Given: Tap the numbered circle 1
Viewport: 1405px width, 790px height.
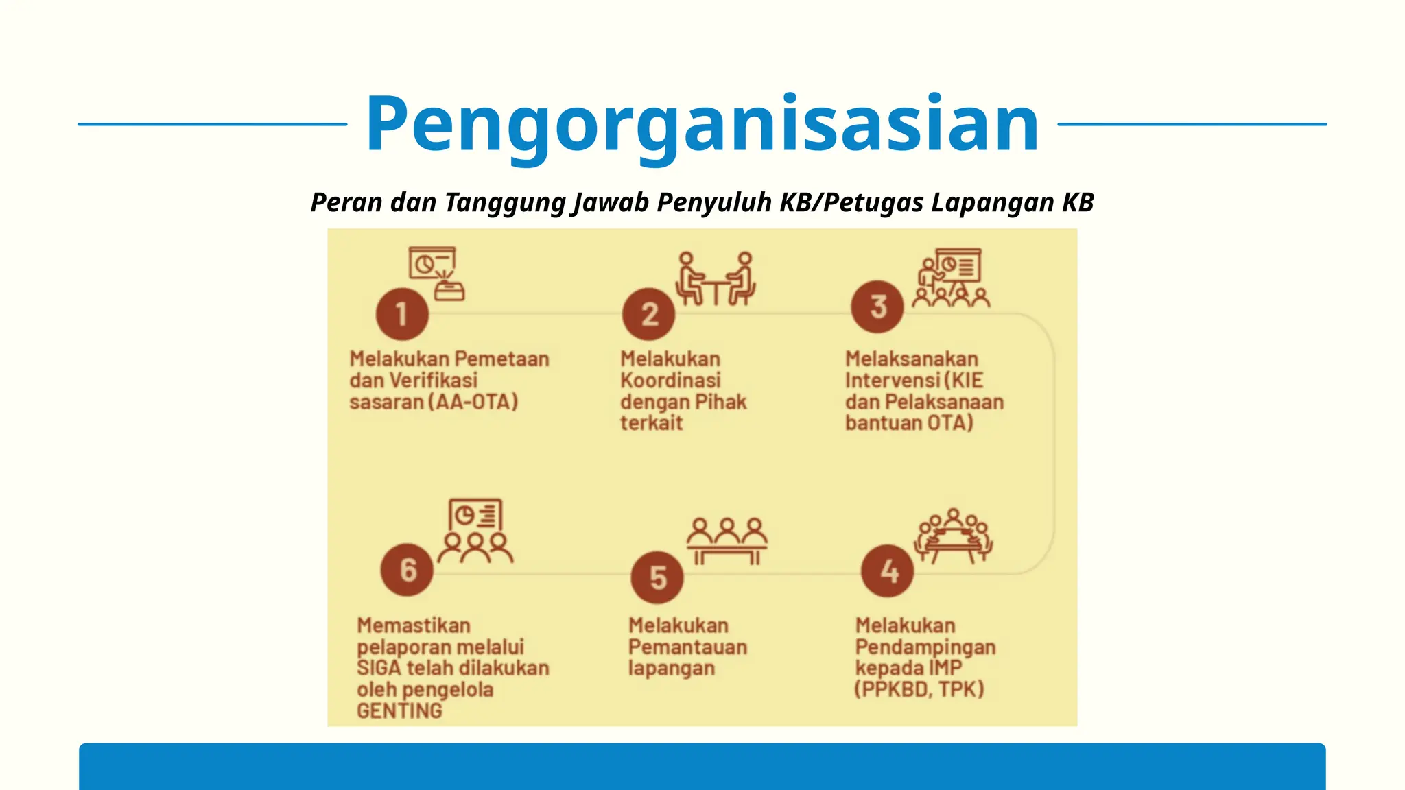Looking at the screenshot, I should point(402,314).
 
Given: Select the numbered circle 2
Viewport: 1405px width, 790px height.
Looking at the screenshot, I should point(648,314).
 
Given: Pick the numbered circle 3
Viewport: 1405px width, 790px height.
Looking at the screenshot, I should point(877,307).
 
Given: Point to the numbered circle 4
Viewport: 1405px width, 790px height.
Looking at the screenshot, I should point(888,571).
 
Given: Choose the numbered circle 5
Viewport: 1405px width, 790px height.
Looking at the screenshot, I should point(657,577).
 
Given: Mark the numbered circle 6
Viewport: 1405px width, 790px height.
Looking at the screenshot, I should point(408,569).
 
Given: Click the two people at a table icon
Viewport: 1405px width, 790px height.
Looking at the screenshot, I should point(716,278).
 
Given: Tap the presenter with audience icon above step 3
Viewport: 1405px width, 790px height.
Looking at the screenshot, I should point(952,277).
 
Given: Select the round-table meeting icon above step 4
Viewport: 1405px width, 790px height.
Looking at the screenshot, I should point(953,536).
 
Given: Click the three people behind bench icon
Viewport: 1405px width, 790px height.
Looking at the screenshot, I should point(727,541).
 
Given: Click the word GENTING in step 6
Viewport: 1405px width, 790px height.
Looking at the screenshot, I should point(399,711).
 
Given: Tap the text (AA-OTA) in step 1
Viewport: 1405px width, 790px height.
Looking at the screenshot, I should point(473,401).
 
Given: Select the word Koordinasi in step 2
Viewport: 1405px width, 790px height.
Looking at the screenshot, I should point(670,380).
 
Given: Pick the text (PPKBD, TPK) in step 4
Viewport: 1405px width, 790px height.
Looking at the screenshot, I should point(919,689).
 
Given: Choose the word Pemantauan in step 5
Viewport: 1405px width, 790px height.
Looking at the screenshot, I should point(687,647).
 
